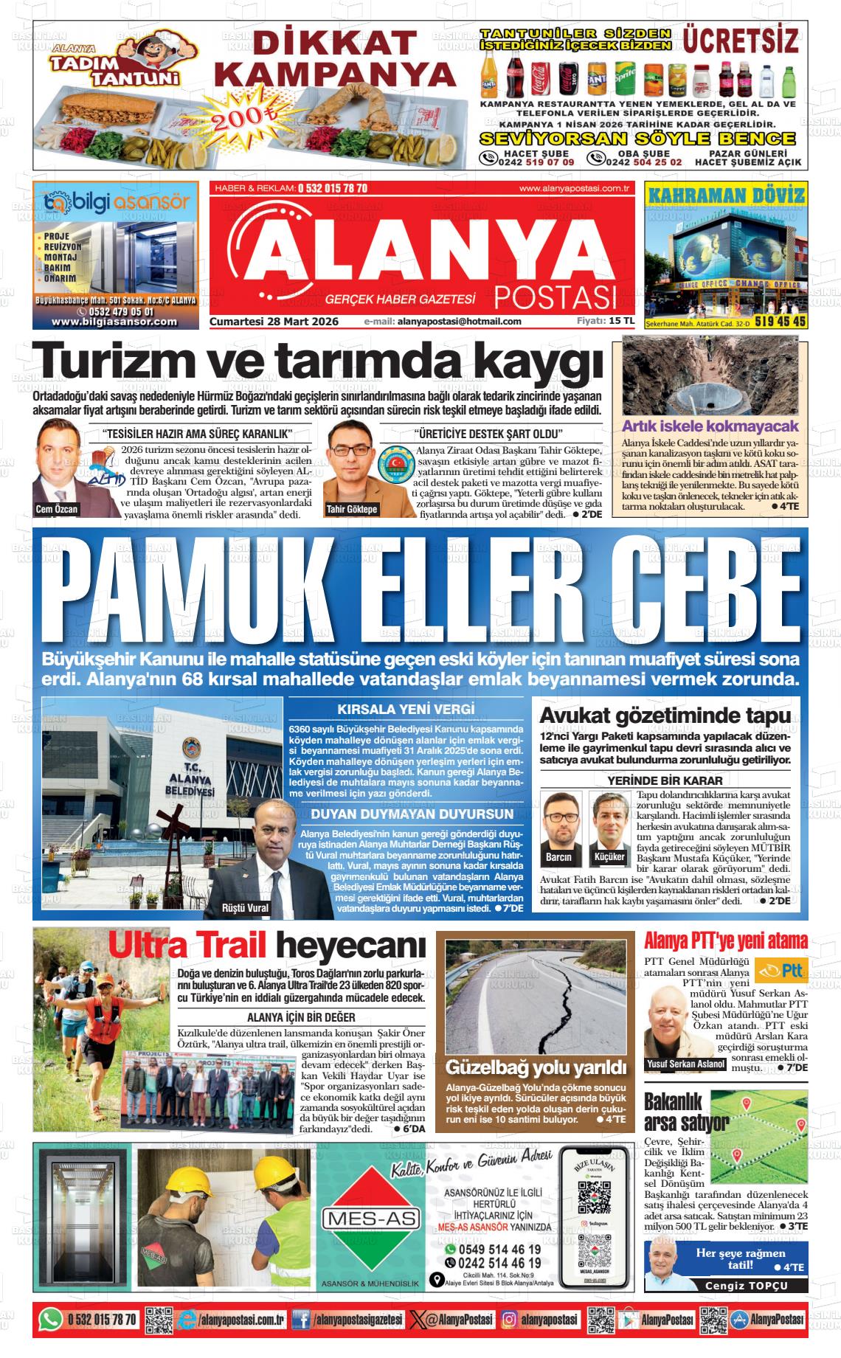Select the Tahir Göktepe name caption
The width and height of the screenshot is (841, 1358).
tap(352, 509)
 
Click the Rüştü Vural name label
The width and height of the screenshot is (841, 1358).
tap(246, 907)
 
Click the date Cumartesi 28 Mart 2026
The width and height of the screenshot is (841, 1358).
tap(274, 322)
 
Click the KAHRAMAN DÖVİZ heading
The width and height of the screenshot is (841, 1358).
tap(725, 196)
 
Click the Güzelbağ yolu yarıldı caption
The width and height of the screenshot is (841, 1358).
tap(536, 1067)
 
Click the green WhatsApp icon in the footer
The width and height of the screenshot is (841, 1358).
tap(51, 1319)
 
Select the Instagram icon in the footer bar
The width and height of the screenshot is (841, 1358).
tap(509, 1319)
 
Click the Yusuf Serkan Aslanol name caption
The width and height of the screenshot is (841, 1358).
tap(685, 1064)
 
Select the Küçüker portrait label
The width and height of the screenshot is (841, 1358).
tap(609, 857)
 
